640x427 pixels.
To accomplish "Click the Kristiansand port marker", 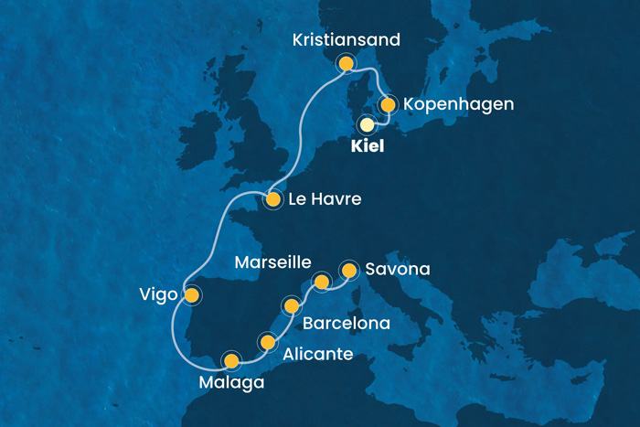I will pos(346,63).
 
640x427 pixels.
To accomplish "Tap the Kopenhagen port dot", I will pos(388,104).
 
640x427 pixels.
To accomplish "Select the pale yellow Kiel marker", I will pos(367,124).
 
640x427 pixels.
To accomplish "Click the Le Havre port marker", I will pos(272,199).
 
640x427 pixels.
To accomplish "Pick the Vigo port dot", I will pos(191,295).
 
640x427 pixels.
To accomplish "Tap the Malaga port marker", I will pos(230,360).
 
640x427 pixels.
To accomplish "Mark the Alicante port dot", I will pos(268,343).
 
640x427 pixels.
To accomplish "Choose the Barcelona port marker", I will pos(292,305).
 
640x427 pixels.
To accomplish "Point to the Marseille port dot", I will pos(321,281).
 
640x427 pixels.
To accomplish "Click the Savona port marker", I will pos(348,270).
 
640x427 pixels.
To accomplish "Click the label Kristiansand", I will pos(346,39).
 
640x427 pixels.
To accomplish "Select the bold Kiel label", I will pos(368,147).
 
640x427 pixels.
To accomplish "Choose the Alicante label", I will pos(317,354).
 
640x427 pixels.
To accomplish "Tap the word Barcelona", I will pos(347,323).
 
